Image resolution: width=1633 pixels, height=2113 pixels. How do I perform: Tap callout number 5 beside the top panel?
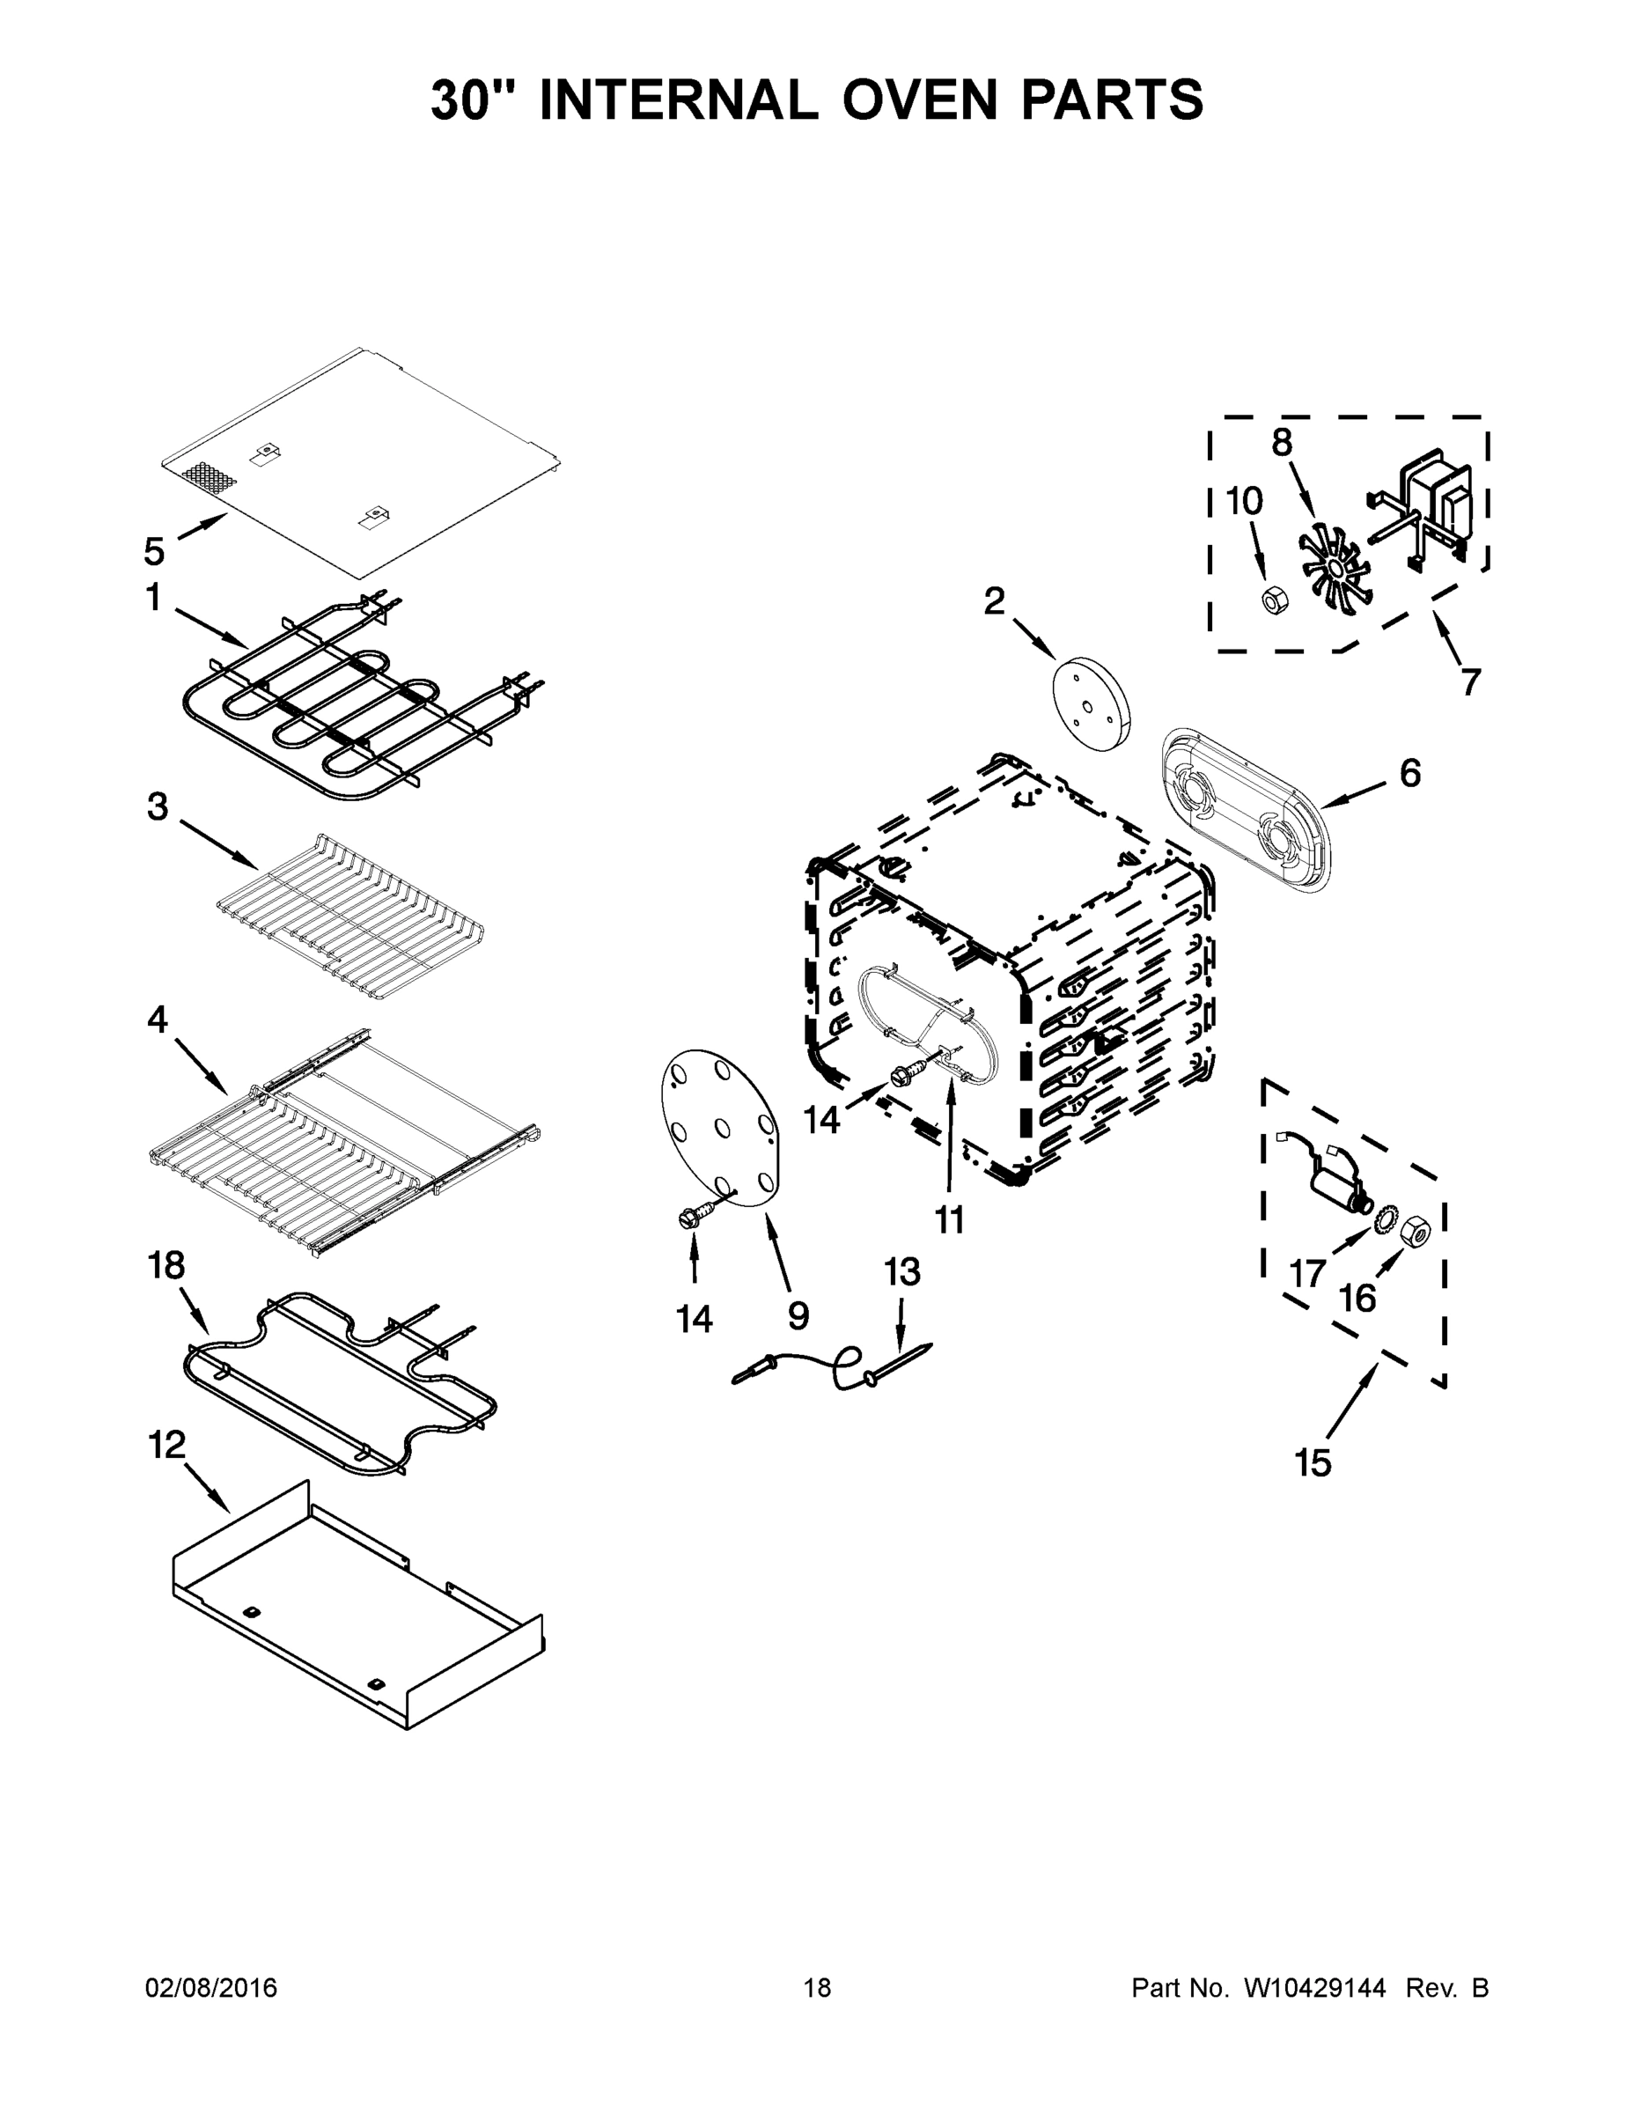pyautogui.click(x=154, y=551)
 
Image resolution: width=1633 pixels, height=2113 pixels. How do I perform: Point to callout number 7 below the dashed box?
pyautogui.click(x=1469, y=682)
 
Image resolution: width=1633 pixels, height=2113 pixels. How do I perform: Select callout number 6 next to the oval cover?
pyautogui.click(x=1409, y=773)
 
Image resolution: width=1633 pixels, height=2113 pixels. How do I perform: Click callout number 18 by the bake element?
pyautogui.click(x=166, y=1264)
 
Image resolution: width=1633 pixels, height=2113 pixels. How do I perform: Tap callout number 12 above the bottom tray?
pyautogui.click(x=166, y=1445)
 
